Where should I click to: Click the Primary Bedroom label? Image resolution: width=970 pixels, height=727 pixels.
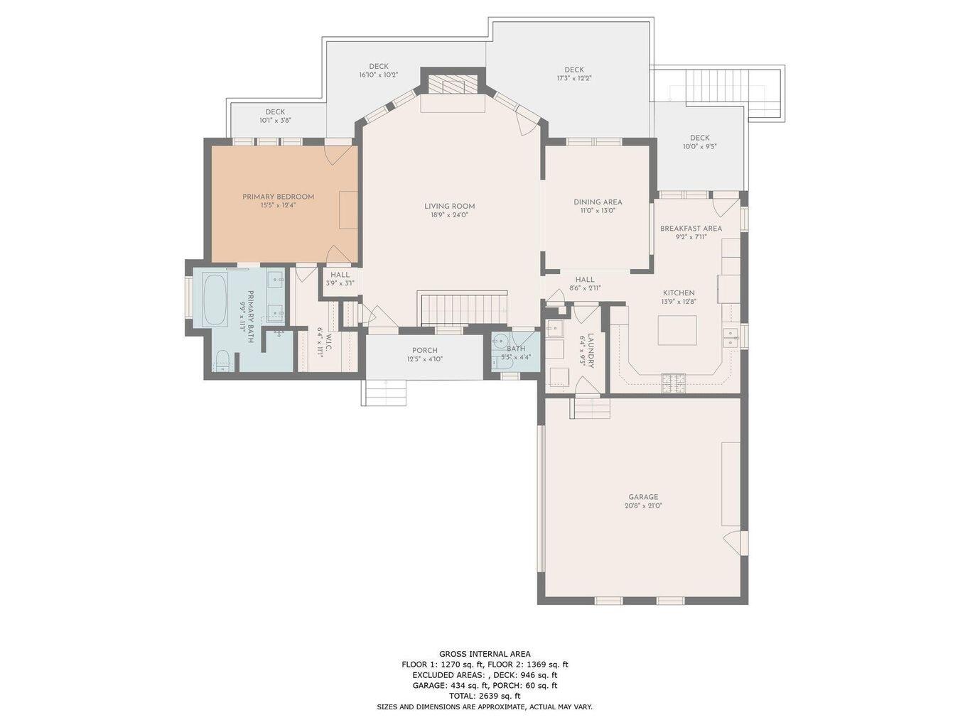pos(278,197)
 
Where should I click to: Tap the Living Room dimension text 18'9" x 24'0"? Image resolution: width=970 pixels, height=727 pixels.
pos(449,215)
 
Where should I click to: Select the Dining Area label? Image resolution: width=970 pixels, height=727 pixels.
pos(598,202)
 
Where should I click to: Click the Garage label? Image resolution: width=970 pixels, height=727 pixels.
pos(642,497)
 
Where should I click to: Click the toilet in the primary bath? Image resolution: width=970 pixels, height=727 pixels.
pos(222,361)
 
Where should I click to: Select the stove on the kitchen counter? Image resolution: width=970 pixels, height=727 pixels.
pos(674,383)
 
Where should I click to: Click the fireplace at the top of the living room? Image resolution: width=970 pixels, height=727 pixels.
pos(453,86)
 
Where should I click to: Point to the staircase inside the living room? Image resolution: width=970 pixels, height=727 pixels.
pos(463,308)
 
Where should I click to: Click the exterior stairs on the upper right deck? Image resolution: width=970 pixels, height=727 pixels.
pos(716,87)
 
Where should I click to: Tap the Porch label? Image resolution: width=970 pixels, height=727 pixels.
pos(424,351)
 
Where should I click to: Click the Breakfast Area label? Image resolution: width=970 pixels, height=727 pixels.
pos(691,229)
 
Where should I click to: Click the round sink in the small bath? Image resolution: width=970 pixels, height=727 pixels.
pos(501,340)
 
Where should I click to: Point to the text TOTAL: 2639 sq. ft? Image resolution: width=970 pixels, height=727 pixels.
pos(484,696)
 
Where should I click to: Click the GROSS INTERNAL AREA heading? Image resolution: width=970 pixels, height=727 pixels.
pos(484,654)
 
